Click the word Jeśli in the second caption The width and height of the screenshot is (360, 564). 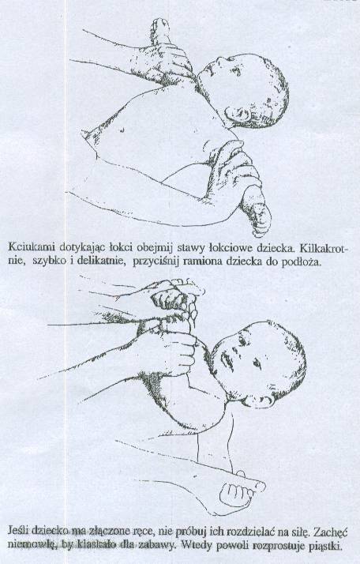18,530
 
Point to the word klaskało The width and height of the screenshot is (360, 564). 94,544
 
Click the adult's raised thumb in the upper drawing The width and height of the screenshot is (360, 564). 159,32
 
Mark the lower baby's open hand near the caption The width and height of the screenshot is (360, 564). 238,494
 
